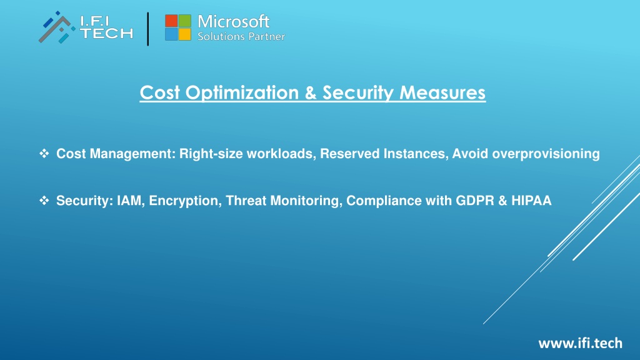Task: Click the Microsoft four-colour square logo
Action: tap(178, 27)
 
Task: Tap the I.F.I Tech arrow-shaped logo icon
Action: tap(57, 27)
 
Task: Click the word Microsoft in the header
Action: tap(234, 21)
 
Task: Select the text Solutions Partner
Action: tap(241, 36)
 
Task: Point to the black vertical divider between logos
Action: tap(147, 29)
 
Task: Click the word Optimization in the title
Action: tap(242, 93)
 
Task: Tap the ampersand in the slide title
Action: tap(311, 92)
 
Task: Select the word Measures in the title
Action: tap(442, 92)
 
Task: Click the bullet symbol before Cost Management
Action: tap(44, 154)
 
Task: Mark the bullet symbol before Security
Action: tap(44, 201)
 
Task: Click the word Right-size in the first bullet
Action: tap(211, 154)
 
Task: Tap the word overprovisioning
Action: tap(546, 154)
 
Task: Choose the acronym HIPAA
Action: tap(531, 201)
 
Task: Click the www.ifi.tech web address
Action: tap(581, 343)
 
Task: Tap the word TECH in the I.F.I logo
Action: tap(106, 34)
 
